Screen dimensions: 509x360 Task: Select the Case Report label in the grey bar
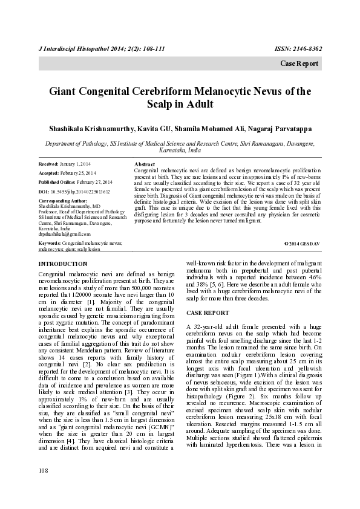pyautogui.click(x=299, y=63)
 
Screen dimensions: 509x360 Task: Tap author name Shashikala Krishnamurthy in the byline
pyautogui.click(x=85, y=128)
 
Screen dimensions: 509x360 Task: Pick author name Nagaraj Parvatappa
pyautogui.click(x=286, y=128)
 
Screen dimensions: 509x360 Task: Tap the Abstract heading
pyautogui.click(x=145, y=164)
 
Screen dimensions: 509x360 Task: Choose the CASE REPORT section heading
pyautogui.click(x=208, y=313)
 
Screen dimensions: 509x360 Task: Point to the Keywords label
pyautogui.click(x=50, y=243)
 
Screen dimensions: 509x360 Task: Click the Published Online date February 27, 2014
pyautogui.click(x=94, y=182)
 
